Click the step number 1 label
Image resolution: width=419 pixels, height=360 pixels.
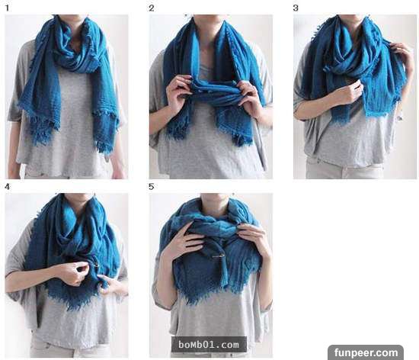7,8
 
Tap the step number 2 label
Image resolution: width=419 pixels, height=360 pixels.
152,8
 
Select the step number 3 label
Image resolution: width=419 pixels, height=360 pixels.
296,8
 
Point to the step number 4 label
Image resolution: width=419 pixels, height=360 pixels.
7,187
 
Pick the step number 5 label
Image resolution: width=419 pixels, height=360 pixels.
152,187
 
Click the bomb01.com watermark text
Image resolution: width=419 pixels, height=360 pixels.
209,345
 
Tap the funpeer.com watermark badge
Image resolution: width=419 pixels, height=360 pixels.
366,352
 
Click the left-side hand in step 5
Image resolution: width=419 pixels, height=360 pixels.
184,242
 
